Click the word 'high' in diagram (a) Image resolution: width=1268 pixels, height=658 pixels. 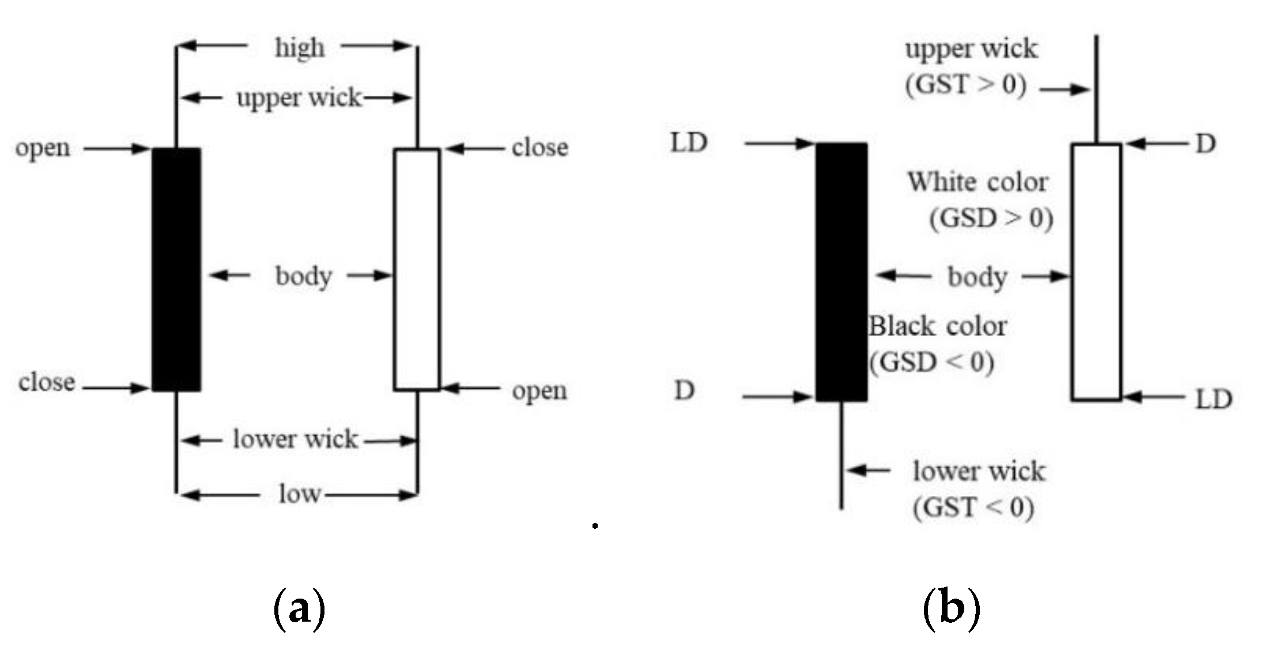299,48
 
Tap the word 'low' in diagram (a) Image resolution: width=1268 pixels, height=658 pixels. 299,494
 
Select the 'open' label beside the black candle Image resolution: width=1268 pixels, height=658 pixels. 43,149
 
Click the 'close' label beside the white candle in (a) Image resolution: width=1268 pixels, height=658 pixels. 539,148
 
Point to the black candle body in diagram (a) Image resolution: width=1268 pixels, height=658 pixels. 176,269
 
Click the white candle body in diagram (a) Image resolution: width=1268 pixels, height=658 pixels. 417,269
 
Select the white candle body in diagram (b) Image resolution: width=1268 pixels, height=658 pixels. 1096,272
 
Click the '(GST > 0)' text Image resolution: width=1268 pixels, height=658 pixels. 966,85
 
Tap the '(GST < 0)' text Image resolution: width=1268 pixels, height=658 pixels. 973,507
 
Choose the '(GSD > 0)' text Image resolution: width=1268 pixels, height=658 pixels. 991,219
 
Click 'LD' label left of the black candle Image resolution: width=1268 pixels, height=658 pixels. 689,143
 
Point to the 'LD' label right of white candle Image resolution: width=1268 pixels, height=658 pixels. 1213,398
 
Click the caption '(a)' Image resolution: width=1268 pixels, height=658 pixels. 299,609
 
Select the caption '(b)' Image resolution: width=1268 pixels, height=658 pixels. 951,609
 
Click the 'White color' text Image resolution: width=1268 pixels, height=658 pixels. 978,182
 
